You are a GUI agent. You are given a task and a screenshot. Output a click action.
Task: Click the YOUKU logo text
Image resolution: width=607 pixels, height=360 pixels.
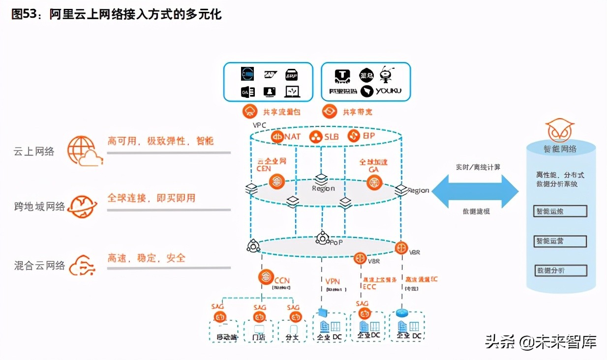[389, 91]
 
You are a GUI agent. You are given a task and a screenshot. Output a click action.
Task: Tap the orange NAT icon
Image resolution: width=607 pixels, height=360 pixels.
[278, 137]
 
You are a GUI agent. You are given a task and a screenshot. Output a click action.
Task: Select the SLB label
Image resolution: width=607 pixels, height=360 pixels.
[331, 137]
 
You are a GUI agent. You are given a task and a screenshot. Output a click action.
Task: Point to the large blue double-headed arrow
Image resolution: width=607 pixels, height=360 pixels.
[475, 189]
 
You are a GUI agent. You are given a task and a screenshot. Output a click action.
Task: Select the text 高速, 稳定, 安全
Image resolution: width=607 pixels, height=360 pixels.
[147, 258]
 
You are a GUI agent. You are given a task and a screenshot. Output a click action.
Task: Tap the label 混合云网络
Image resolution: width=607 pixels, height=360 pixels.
[39, 266]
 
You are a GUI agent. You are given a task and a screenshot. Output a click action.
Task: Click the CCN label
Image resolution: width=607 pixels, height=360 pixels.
[282, 281]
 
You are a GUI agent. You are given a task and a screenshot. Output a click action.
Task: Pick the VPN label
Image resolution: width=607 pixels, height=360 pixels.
[333, 281]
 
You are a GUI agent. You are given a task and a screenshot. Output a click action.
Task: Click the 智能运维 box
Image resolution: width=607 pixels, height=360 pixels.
[560, 211]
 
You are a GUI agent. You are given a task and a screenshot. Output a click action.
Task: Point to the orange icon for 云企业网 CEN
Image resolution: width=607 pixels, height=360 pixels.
[277, 181]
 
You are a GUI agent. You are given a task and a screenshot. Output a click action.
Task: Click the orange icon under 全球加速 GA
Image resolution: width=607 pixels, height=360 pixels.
[375, 183]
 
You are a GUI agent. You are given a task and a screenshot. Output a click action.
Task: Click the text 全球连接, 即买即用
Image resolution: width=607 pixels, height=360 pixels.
[152, 198]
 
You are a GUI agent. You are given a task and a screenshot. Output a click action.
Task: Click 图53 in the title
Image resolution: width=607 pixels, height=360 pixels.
[25, 14]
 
